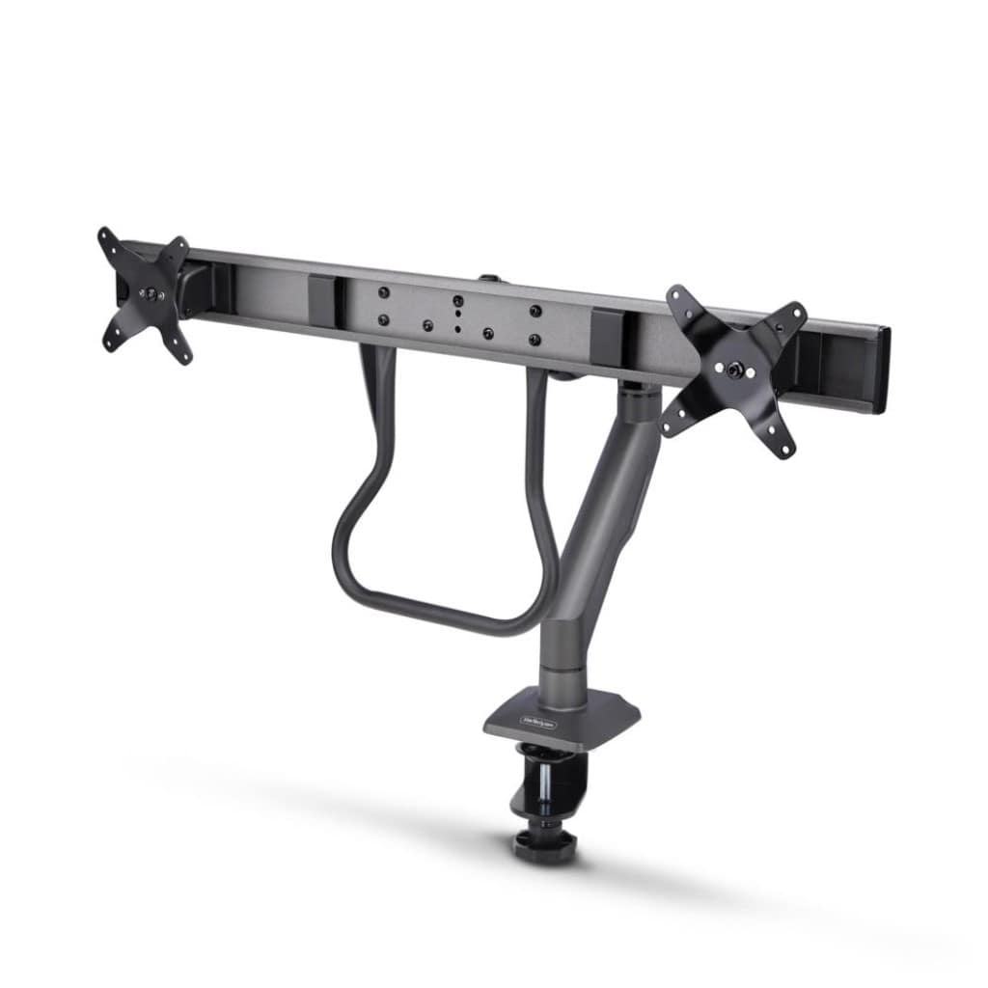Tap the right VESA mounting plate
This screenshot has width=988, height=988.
(733, 371)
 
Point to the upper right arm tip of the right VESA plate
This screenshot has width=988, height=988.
(795, 314)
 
